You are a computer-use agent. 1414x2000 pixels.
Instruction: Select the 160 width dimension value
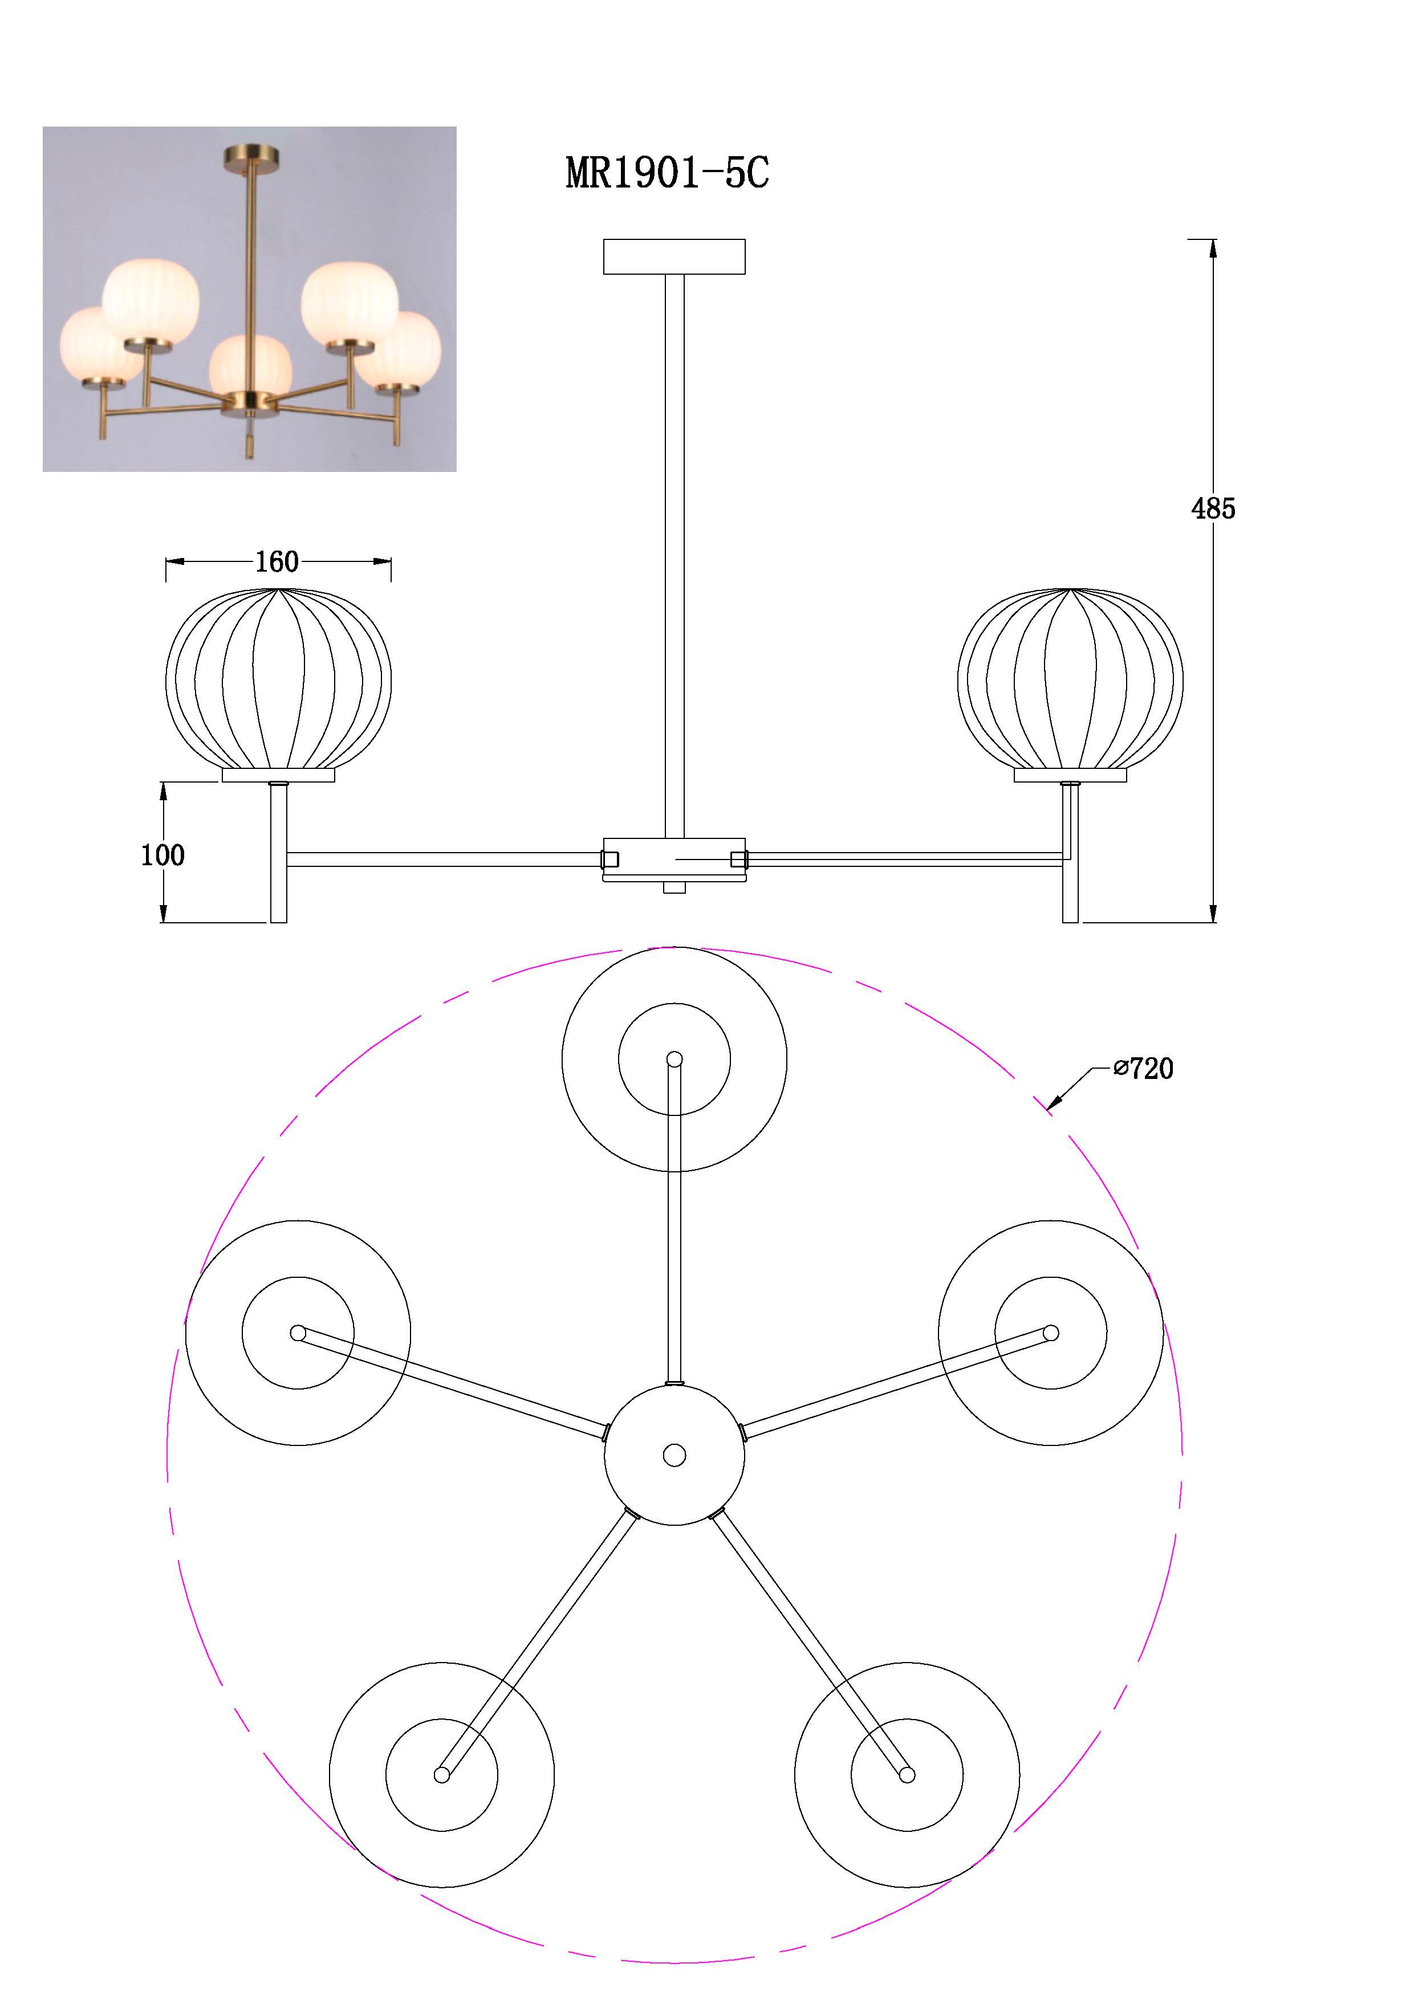[277, 562]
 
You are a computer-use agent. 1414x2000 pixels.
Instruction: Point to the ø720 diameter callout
[1144, 1068]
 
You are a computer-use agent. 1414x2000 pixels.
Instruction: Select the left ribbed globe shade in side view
[279, 679]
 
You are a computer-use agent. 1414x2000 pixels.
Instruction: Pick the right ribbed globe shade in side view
[1071, 679]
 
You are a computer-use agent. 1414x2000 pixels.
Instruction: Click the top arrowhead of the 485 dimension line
[1213, 249]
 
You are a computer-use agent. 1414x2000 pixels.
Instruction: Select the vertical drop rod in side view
[675, 556]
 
